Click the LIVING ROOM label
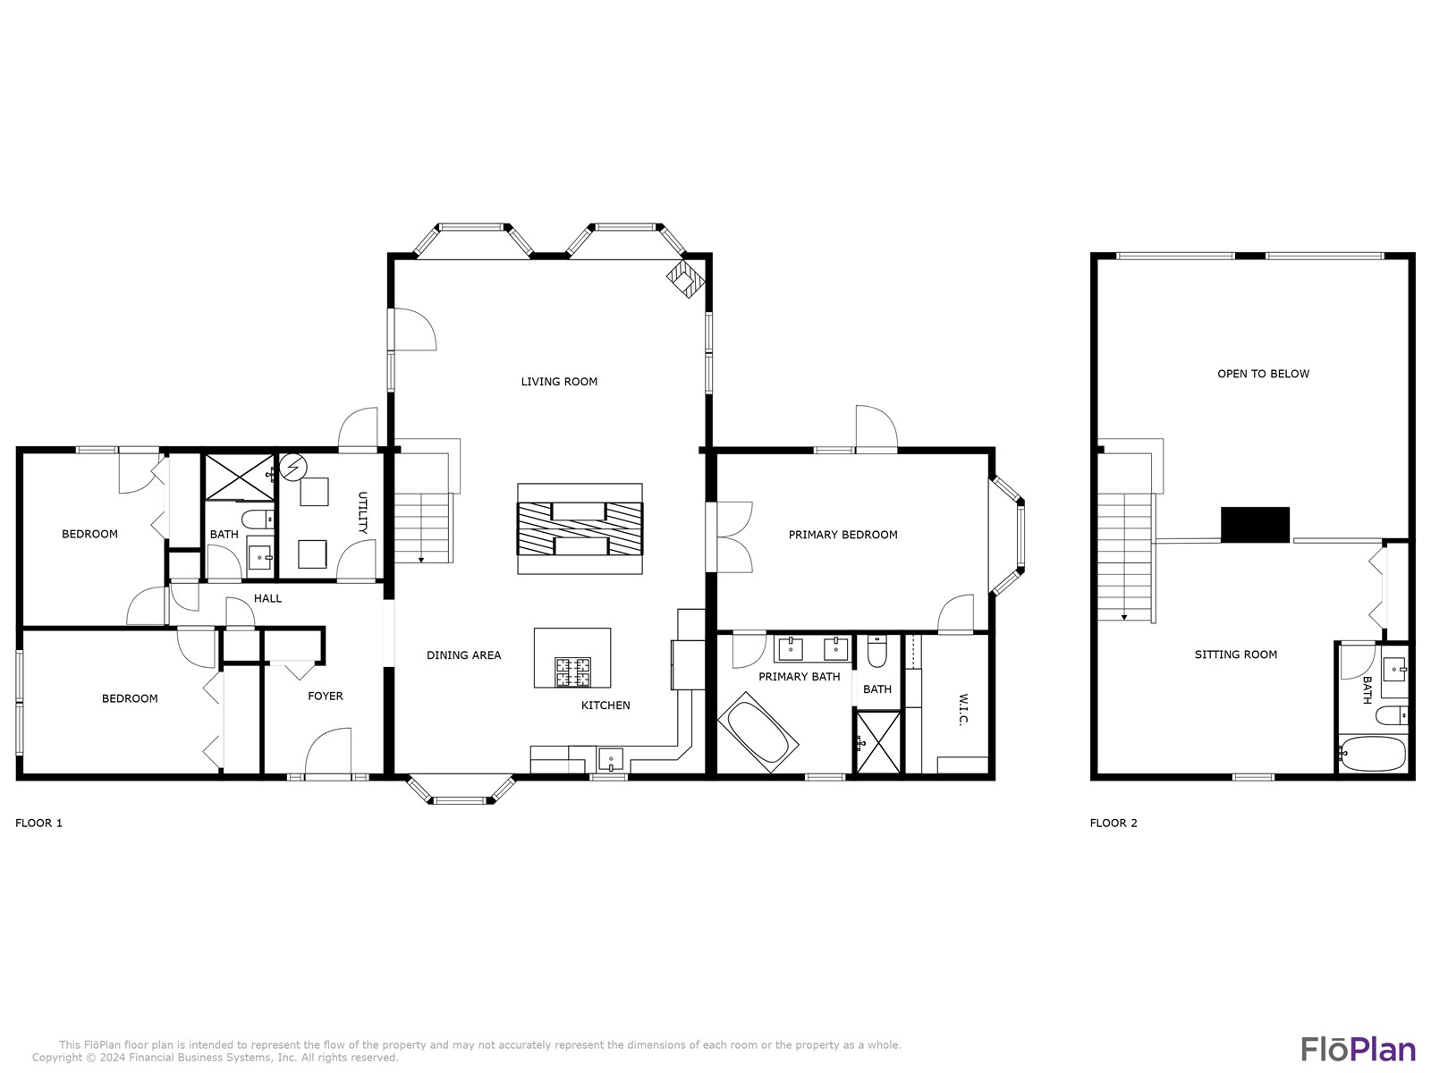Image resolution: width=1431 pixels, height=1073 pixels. click(559, 382)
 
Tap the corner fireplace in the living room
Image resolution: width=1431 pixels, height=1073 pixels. click(685, 278)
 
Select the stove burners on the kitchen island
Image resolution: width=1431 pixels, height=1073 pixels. click(572, 672)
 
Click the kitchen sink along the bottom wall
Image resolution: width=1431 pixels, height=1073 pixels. click(611, 760)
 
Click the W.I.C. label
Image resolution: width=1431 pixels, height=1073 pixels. click(963, 709)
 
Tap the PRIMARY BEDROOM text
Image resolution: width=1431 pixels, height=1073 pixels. click(843, 535)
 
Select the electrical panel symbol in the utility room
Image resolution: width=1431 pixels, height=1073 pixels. click(293, 467)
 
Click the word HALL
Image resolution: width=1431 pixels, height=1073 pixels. click(267, 598)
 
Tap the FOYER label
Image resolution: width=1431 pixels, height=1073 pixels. click(325, 696)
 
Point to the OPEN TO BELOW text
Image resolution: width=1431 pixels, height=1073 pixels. click(1263, 374)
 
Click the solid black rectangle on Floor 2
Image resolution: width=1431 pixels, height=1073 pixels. click(1255, 525)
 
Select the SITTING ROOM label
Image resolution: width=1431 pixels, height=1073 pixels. click(1235, 655)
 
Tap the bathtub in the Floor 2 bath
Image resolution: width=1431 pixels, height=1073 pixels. click(1373, 754)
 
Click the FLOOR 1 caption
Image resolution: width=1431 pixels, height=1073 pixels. click(38, 823)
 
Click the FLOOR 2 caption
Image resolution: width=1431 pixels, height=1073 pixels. click(1113, 823)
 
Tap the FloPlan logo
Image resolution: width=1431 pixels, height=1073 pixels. click(1358, 1049)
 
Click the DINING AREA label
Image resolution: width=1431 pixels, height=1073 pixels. click(463, 655)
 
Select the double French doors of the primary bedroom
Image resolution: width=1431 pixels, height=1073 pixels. click(728, 536)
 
